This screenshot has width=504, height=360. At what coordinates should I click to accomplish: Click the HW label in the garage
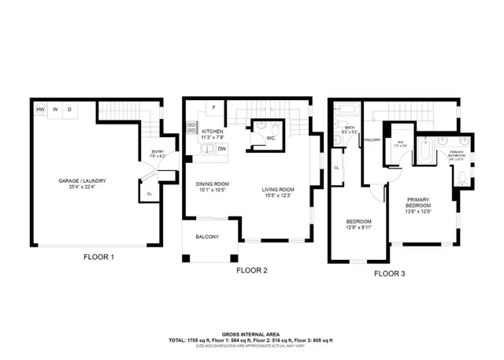(40, 109)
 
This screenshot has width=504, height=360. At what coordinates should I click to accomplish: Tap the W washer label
(55, 109)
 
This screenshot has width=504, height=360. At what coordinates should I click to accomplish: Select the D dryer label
(69, 109)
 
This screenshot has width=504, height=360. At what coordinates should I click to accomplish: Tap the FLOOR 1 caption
(99, 258)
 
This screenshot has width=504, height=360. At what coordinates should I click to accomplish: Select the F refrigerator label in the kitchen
(213, 108)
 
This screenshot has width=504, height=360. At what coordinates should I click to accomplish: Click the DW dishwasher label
(222, 148)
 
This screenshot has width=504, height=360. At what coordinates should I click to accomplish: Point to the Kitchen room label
(213, 131)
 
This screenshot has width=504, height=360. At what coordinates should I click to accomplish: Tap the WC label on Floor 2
(270, 139)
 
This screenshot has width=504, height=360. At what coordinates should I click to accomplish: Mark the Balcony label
(207, 236)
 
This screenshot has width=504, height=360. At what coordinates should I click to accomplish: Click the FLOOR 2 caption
(252, 270)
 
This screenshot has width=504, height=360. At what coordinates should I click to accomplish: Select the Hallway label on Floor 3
(372, 140)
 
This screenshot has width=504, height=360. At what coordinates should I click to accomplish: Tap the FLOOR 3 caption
(389, 273)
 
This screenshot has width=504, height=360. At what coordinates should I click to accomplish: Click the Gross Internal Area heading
(251, 333)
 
